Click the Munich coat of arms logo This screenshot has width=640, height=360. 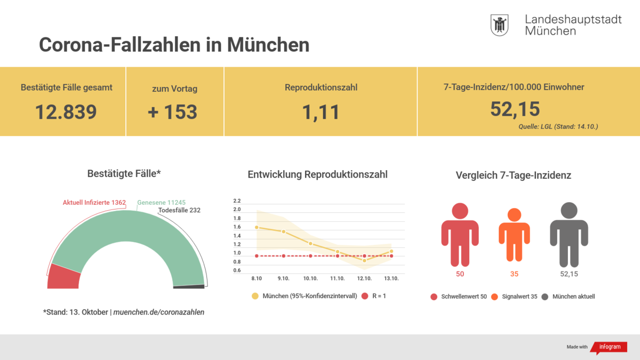[x=499, y=25]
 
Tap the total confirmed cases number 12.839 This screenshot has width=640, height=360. [x=66, y=111]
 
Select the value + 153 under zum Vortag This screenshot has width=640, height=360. [x=172, y=111]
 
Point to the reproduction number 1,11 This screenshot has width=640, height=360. [x=321, y=113]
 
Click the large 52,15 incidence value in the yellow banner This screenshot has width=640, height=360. [x=515, y=109]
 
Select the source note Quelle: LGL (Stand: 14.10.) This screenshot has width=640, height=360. [x=558, y=126]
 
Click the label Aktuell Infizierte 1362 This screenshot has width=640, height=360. [x=94, y=203]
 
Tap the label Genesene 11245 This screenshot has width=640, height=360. [x=161, y=203]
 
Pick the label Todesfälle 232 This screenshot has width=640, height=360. [x=179, y=210]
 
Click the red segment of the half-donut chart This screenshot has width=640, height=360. [x=63, y=277]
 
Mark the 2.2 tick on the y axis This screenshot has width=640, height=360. [x=237, y=201]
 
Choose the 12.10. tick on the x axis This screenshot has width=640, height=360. [x=364, y=278]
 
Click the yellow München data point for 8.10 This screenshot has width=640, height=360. [x=257, y=227]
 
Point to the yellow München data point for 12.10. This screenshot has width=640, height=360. [x=364, y=260]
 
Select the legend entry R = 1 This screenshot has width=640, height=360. [x=374, y=297]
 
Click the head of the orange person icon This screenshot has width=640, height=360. [x=514, y=215]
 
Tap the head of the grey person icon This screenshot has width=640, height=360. [x=569, y=211]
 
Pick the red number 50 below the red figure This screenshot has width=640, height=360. [x=460, y=274]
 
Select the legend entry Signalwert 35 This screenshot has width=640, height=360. [x=514, y=297]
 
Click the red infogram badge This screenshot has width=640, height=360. [x=610, y=347]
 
